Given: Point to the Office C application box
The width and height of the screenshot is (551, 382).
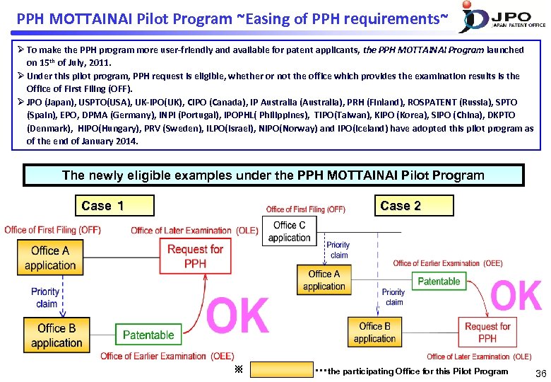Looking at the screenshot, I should coord(290,231).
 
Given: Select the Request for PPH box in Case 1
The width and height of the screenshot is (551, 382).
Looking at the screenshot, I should coord(196,256).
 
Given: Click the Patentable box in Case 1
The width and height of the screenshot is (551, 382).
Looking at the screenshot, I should coord(148,335).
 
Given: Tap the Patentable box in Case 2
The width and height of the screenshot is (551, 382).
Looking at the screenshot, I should coord(439,281).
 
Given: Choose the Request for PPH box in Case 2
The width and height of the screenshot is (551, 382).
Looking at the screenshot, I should coord(487,332).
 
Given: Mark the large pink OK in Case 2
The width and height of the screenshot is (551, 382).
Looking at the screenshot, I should coord(515,294).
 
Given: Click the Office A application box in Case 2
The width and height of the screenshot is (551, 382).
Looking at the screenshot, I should coord(324,280).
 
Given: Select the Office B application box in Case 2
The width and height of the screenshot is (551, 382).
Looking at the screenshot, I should coord(374,332).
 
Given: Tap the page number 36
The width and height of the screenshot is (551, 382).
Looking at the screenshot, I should coord(540,373).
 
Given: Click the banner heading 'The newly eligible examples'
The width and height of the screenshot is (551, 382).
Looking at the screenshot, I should coord(273,175).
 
